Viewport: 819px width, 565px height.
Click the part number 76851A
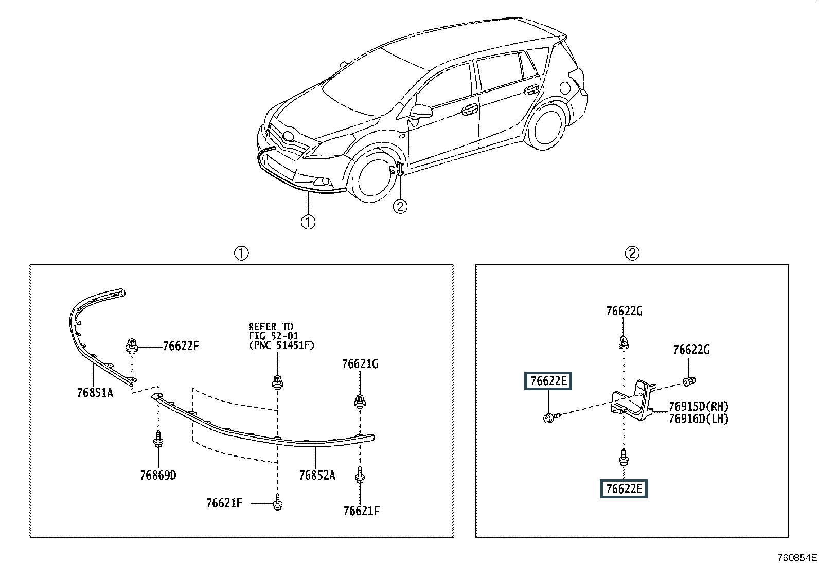tap(95, 393)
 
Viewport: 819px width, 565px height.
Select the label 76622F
tap(181, 345)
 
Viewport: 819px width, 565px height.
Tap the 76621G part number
tap(360, 363)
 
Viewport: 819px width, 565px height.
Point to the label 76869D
tap(158, 475)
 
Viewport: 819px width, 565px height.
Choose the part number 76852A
tap(317, 475)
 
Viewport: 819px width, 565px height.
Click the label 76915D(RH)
tap(699, 406)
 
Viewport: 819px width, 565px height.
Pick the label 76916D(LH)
tap(699, 419)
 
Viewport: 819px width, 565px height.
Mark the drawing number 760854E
tap(797, 558)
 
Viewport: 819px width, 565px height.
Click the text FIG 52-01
tap(274, 336)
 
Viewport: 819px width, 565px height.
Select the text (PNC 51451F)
tap(281, 345)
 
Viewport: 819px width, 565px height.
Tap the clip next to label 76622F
tap(132, 345)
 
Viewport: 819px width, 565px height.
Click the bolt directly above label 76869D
tap(158, 439)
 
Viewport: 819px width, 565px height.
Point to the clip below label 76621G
tap(360, 400)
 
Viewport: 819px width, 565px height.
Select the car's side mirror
tap(420, 111)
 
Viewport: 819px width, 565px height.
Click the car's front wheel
tap(373, 178)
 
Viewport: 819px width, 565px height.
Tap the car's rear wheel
tap(547, 126)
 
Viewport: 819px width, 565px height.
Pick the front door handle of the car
tap(470, 110)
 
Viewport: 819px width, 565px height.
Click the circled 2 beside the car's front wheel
tap(400, 207)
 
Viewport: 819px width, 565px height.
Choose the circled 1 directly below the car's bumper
tap(308, 222)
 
